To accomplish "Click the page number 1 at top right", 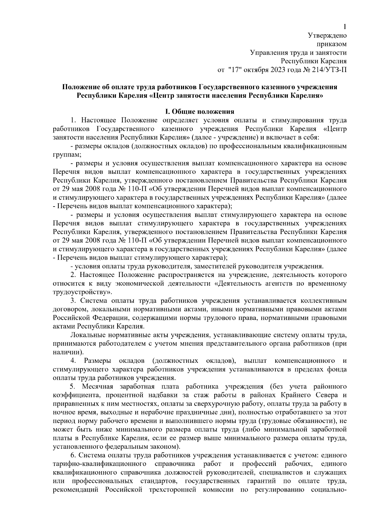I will tap(345, 27).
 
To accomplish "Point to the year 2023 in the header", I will tap(278, 70).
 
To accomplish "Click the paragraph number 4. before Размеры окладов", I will tap(73, 361).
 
